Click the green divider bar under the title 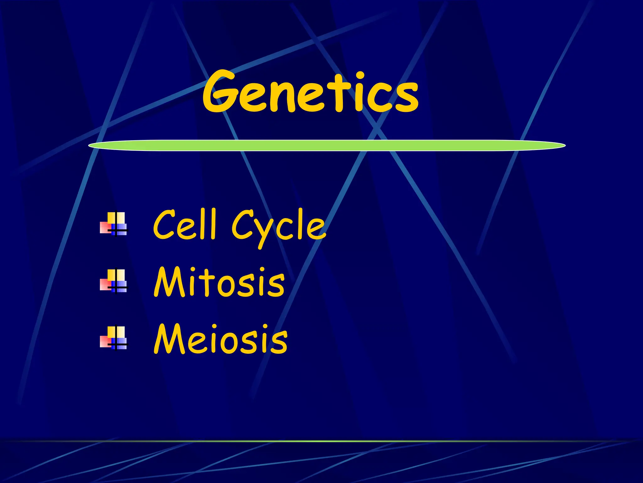click(x=327, y=146)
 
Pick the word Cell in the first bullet click(x=185, y=224)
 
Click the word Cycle click(x=278, y=227)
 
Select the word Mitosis click(x=219, y=282)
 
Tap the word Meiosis click(x=220, y=340)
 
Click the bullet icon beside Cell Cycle click(x=114, y=224)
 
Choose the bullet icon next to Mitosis click(x=114, y=281)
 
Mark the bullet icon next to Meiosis click(x=114, y=338)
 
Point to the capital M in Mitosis click(x=169, y=282)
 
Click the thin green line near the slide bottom click(x=321, y=441)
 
